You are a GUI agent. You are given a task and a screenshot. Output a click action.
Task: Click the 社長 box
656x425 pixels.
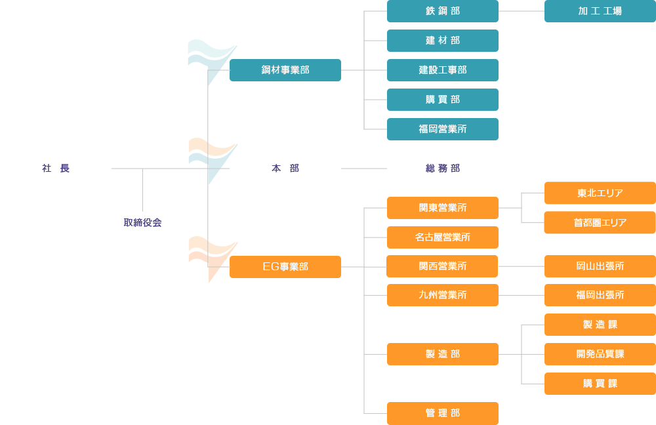coord(56,169)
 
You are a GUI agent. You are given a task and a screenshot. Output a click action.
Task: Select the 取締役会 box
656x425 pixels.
coord(142,223)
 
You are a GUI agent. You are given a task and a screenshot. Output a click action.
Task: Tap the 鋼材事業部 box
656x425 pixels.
coord(285,70)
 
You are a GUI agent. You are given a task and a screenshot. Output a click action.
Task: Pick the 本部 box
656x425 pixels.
coord(285,169)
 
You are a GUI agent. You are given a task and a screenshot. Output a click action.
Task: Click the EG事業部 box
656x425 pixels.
coord(285,267)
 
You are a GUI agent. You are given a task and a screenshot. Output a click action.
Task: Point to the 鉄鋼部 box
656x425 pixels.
coord(443,11)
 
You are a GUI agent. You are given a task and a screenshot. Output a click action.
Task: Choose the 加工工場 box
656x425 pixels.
coord(600,11)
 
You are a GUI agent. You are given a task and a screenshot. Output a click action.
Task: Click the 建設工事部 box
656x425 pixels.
coord(443,70)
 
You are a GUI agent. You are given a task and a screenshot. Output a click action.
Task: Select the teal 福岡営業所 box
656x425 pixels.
coord(443,129)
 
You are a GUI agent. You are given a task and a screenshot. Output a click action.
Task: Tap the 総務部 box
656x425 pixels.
coord(443,169)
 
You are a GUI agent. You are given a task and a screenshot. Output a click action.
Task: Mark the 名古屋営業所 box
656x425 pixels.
coord(443,237)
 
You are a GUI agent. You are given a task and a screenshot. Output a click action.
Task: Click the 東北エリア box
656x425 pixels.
coord(600,193)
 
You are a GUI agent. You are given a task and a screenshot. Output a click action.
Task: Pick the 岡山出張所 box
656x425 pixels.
coord(600,266)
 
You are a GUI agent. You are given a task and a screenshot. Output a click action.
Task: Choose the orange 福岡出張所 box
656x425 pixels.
coord(600,295)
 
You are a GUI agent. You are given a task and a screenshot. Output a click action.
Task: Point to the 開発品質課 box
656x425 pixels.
coord(600,354)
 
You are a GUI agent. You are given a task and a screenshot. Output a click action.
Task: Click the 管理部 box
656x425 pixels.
coord(443,413)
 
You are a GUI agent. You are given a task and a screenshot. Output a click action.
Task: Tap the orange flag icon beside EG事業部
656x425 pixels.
coord(211,256)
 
